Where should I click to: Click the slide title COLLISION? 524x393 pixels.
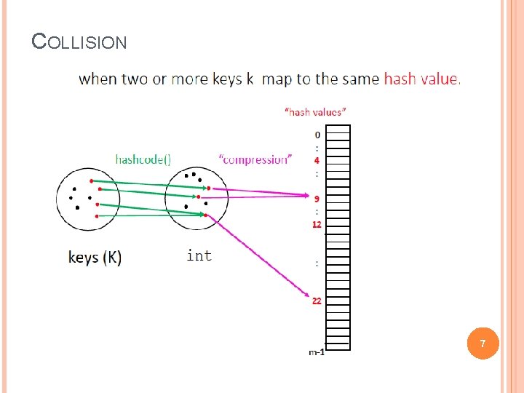tap(79, 41)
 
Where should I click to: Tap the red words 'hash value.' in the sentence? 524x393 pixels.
tap(422, 79)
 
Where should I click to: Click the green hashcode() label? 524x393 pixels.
tap(143, 159)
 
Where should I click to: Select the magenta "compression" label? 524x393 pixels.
tap(254, 159)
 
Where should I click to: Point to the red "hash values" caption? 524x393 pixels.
tap(314, 112)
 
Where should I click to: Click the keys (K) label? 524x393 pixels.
tap(95, 257)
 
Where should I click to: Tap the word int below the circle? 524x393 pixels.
tap(199, 255)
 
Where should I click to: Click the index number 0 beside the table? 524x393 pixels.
tap(317, 135)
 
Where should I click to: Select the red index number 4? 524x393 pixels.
tap(317, 160)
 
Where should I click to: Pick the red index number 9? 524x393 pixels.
tap(317, 199)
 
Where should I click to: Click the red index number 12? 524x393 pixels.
tap(317, 224)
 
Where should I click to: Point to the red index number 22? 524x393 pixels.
tap(317, 301)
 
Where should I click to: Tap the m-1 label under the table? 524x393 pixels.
tap(317, 352)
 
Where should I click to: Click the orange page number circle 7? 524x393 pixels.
tap(481, 342)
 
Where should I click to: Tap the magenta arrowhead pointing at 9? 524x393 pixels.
tap(307, 195)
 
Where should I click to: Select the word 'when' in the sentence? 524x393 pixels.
tap(98, 79)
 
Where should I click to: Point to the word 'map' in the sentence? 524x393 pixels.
tap(277, 79)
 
